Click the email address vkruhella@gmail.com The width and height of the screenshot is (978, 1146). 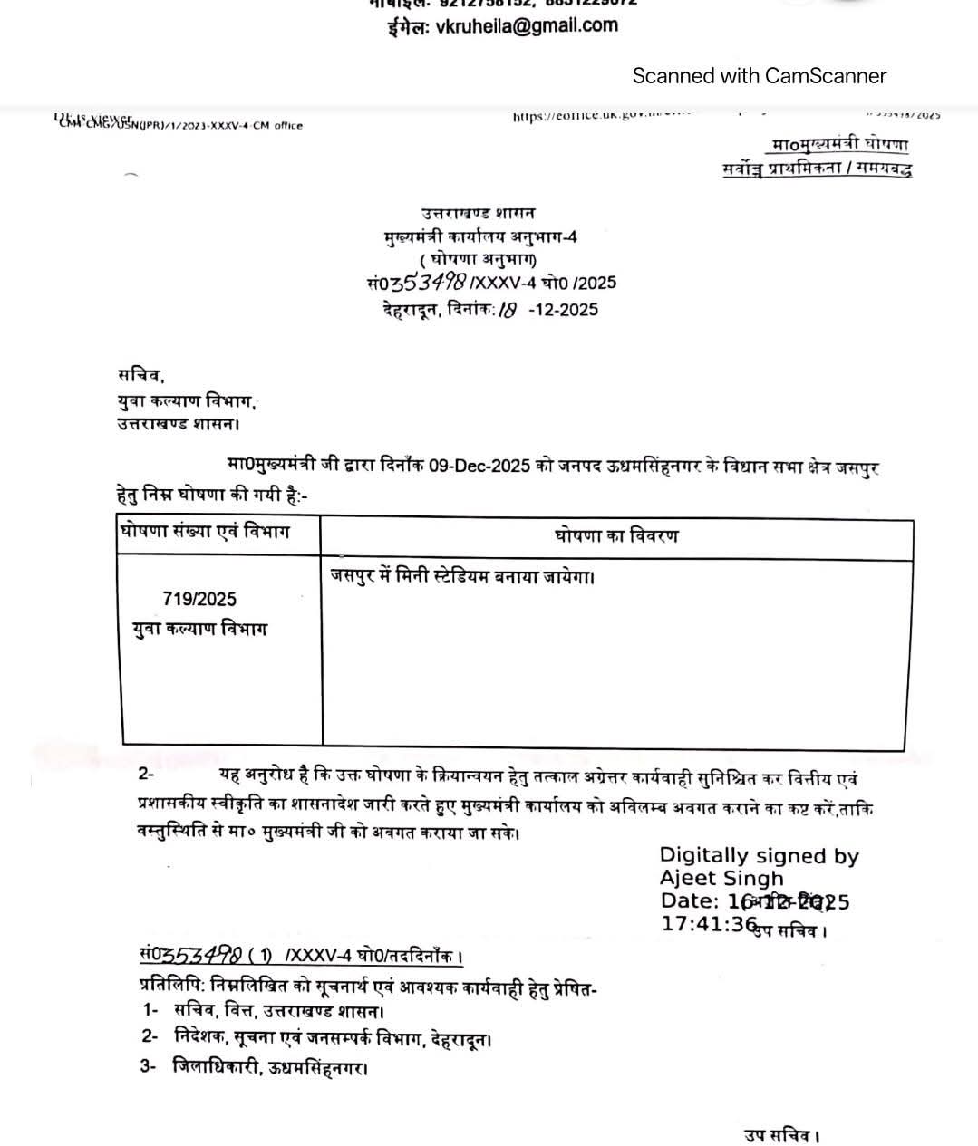[x=527, y=26]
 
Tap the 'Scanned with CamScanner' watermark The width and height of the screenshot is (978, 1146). [x=759, y=76]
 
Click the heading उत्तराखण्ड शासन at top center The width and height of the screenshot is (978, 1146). [x=478, y=214]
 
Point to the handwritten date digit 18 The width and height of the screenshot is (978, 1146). [x=508, y=310]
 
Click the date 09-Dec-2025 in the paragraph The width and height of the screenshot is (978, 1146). [x=479, y=467]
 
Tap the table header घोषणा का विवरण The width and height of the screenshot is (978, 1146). [x=615, y=536]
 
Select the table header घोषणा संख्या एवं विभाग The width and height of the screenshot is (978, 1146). [x=205, y=532]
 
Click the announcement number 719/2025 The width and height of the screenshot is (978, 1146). [x=199, y=599]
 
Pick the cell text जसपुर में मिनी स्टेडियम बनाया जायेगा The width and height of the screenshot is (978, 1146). [x=462, y=576]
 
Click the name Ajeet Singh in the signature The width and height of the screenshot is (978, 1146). [x=721, y=878]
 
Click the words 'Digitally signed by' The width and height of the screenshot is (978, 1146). [x=759, y=855]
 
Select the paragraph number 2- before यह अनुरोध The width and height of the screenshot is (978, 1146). [x=146, y=775]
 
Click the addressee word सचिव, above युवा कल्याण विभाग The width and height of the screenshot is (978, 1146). [x=140, y=375]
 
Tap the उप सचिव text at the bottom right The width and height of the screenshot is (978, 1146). [x=782, y=1135]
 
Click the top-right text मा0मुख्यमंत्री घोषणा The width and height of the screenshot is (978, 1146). [x=839, y=145]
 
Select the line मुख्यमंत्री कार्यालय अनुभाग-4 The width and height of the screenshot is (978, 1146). [x=479, y=237]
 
